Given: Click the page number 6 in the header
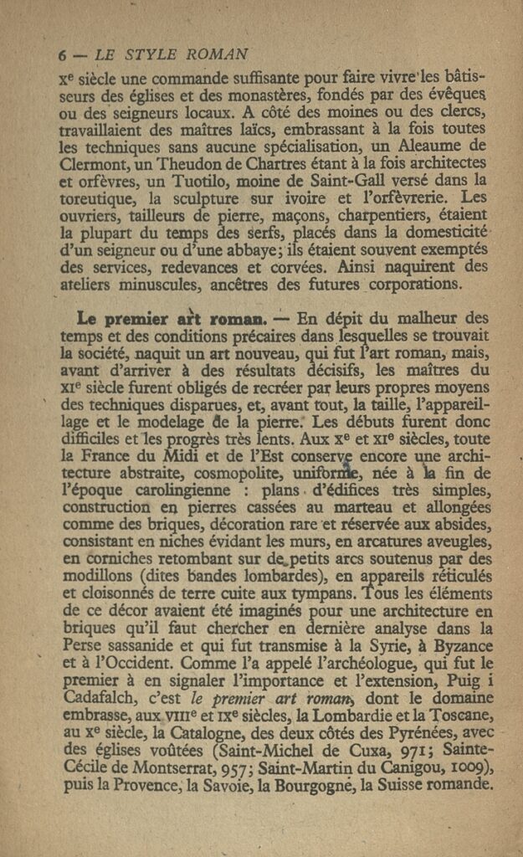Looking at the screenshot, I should click(x=62, y=55).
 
